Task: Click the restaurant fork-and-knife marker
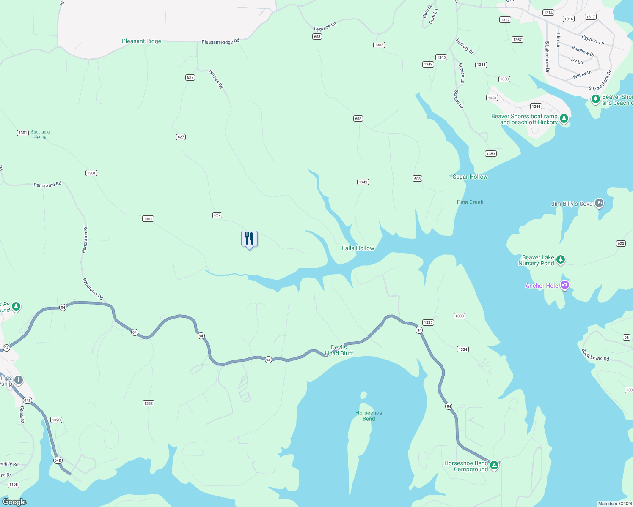249,239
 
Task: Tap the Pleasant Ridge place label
141,41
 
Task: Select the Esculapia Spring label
40,134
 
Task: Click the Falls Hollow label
358,248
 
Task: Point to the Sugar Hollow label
470,177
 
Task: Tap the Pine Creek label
470,202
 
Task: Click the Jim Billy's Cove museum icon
599,203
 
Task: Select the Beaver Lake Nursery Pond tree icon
561,259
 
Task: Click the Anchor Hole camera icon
564,285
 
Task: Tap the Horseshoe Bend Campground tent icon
494,466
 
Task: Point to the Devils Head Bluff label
339,350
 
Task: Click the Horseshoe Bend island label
369,416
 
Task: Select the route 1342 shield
363,182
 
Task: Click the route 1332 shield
148,403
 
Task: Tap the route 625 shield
621,243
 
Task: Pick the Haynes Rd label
216,79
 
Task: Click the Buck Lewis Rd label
595,355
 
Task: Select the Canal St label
22,414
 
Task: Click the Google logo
14,502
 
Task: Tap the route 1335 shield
428,322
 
